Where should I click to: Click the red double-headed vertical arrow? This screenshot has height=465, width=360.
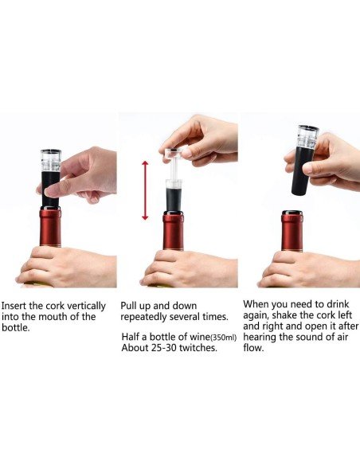click(x=145, y=190)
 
